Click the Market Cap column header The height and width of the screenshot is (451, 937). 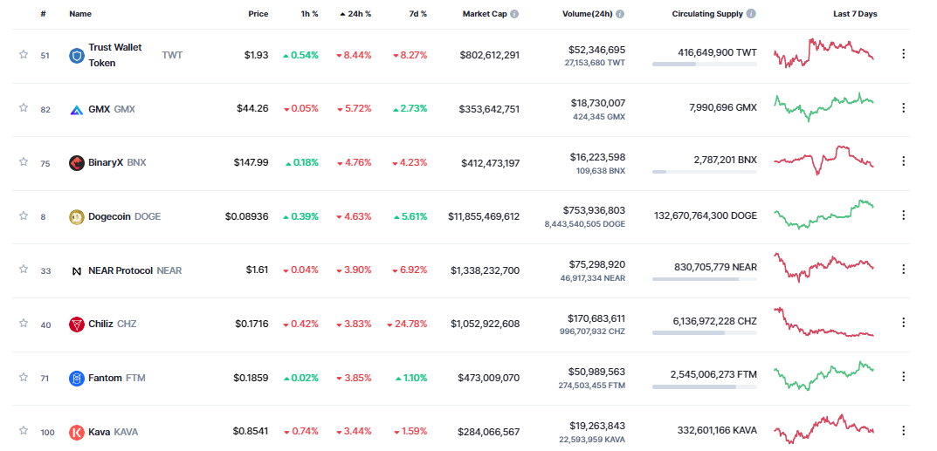[484, 14]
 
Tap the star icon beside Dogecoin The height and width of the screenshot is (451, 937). [24, 215]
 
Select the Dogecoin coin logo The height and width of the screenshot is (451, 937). [77, 216]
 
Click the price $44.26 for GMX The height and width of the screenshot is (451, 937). [252, 109]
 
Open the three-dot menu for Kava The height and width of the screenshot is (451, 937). [903, 431]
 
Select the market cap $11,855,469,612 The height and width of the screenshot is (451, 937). [484, 216]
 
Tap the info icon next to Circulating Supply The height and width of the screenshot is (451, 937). [751, 14]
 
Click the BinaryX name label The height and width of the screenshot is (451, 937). [106, 162]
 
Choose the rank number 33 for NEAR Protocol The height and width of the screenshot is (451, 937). [45, 270]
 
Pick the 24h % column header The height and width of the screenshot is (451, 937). [356, 14]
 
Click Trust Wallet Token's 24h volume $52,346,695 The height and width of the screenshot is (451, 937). [596, 50]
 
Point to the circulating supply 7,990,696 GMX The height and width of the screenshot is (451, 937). [722, 107]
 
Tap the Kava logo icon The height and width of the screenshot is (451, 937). [77, 432]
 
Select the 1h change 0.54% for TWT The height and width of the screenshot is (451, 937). [300, 55]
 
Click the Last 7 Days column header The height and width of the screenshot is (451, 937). [855, 14]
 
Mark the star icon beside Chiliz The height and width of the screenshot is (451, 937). [24, 323]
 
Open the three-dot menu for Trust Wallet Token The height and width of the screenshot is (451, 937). [903, 54]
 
